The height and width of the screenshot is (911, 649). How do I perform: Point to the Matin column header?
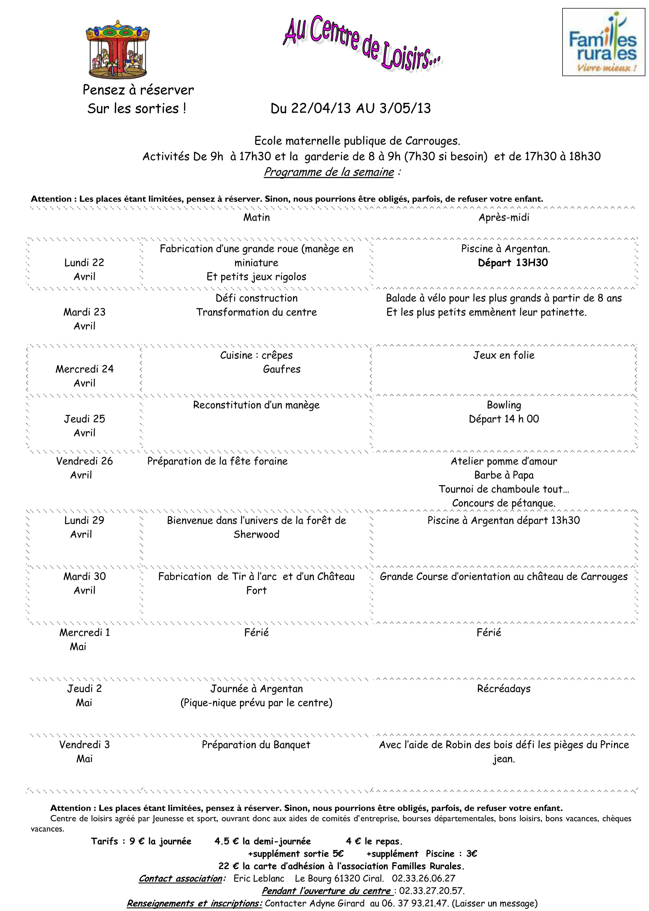click(x=256, y=218)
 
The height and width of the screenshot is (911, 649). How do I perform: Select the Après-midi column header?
click(x=504, y=218)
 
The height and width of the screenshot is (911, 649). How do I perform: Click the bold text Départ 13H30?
click(x=513, y=263)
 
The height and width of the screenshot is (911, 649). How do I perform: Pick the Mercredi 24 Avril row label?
click(x=84, y=375)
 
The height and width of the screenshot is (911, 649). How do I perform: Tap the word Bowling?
click(x=504, y=405)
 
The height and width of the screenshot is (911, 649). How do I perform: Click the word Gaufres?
click(x=281, y=369)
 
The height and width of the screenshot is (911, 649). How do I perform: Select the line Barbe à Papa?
click(x=504, y=475)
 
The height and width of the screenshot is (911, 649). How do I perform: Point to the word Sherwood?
click(x=256, y=534)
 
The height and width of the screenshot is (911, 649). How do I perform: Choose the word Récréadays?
click(x=504, y=689)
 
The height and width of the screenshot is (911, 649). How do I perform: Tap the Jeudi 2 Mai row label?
click(x=84, y=695)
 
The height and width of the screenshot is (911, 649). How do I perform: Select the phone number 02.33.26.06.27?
click(x=423, y=879)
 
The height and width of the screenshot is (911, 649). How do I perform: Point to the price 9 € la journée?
click(x=160, y=841)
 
